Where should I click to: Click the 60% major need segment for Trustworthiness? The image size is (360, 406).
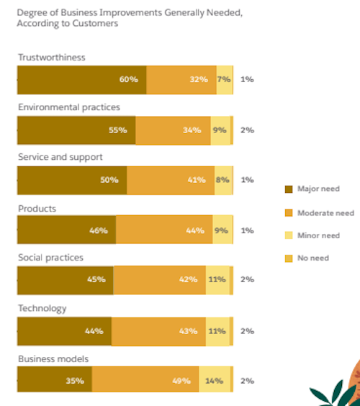(x=81, y=80)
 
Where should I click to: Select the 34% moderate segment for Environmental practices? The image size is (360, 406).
(x=173, y=130)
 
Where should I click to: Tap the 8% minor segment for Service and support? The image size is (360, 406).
(x=223, y=180)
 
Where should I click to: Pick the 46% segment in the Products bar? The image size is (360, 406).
(x=66, y=230)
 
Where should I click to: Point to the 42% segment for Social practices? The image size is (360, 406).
(x=159, y=280)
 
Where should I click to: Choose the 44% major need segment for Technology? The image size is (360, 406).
(x=64, y=331)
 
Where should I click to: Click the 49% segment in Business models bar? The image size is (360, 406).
(x=145, y=381)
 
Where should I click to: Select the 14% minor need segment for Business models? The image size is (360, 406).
(x=215, y=381)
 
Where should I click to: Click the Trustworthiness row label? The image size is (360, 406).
(x=51, y=58)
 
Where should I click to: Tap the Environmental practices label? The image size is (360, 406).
(x=68, y=107)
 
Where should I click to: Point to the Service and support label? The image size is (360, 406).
(x=60, y=158)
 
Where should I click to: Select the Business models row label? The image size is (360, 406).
(x=54, y=358)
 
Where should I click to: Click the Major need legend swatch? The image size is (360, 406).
(x=289, y=189)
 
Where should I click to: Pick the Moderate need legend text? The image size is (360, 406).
(x=325, y=212)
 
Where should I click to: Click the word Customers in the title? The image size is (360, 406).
(x=95, y=23)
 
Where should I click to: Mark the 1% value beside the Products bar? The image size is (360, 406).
(x=247, y=230)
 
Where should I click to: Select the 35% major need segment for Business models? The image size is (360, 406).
(x=54, y=381)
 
